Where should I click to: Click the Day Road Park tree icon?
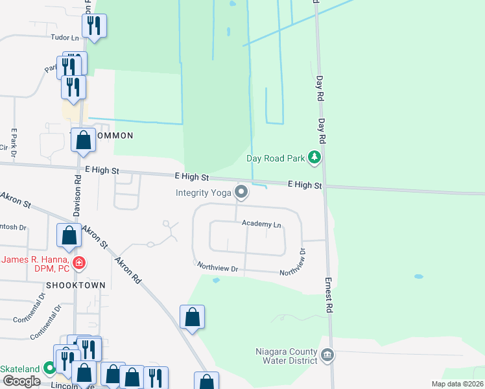[x=314, y=158]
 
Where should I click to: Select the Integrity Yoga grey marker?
[x=241, y=192]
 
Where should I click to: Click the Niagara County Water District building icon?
[x=327, y=355]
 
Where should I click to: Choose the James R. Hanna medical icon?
[x=79, y=263]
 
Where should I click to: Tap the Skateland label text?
[x=20, y=368]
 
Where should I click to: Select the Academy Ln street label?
[x=261, y=224]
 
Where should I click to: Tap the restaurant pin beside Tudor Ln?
[x=95, y=26]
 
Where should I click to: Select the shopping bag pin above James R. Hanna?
[x=69, y=236]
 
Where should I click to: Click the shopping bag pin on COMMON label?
[x=84, y=140]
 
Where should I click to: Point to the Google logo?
[x=21, y=381]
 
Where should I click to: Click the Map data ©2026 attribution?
[x=456, y=384]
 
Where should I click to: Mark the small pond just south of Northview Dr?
[x=216, y=280]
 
